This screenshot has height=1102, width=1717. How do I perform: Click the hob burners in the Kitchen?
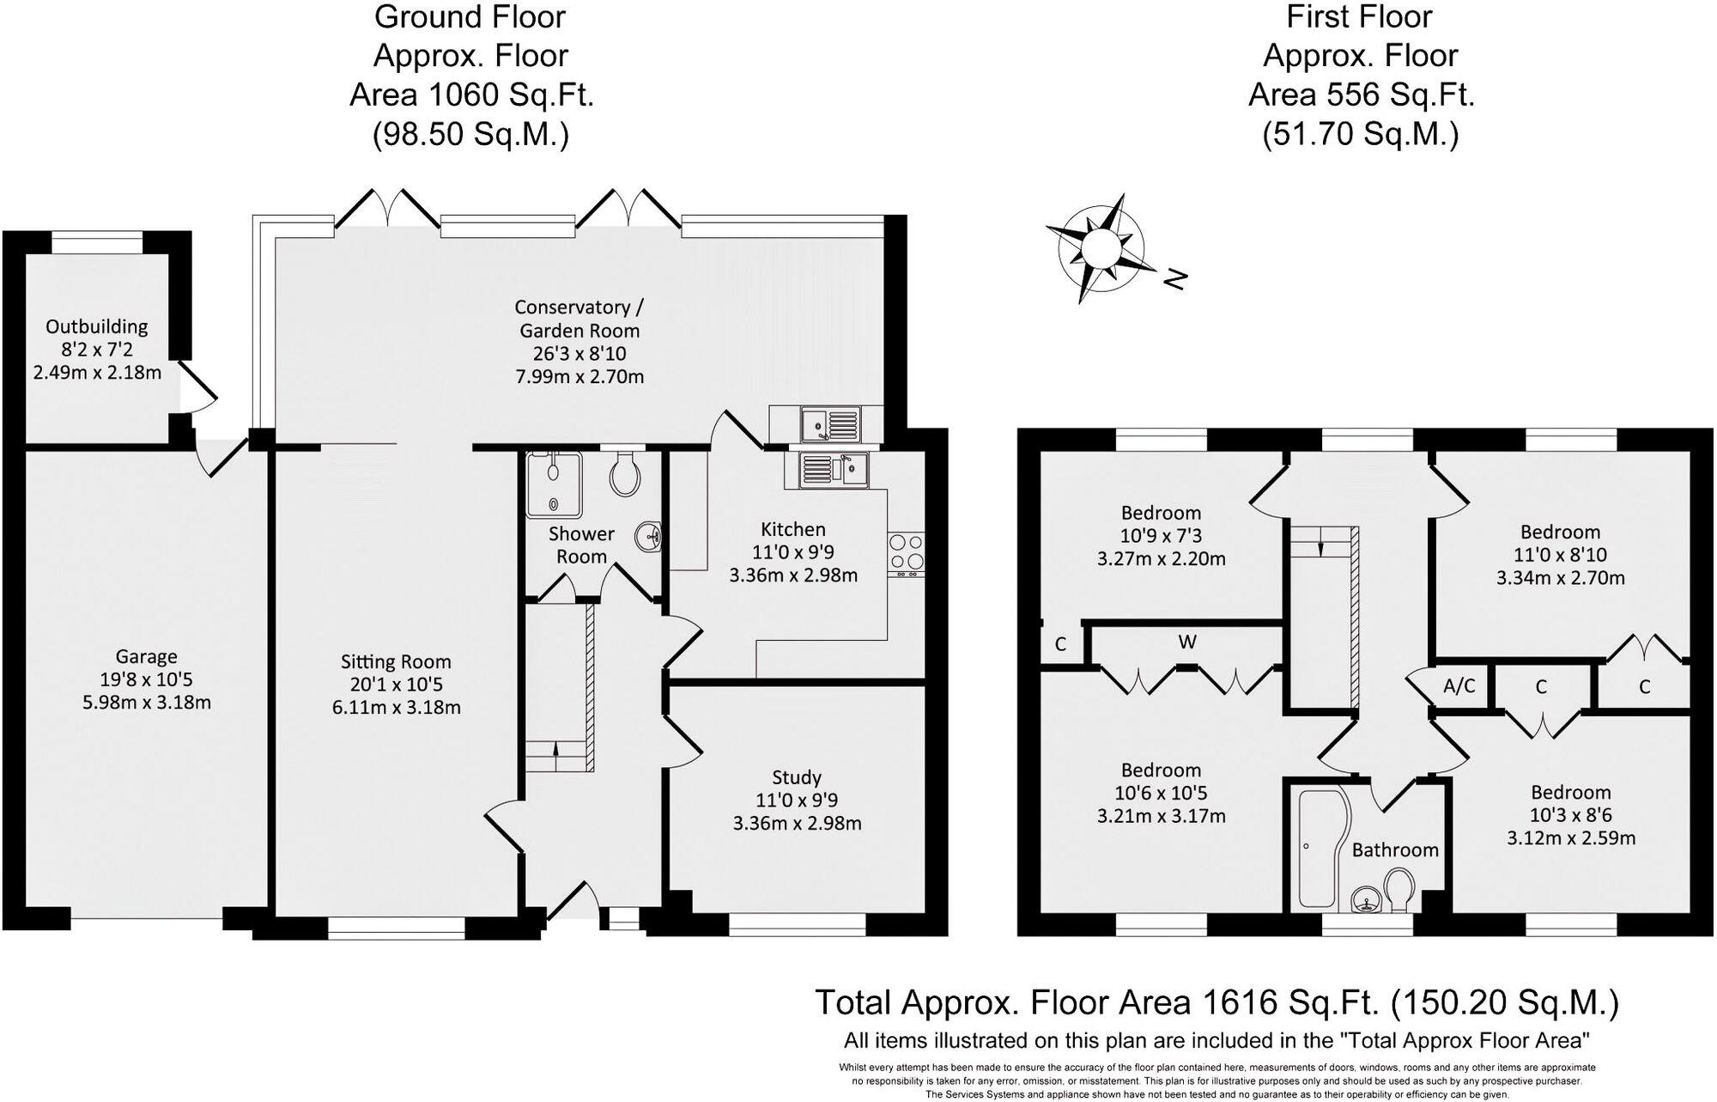[x=906, y=552]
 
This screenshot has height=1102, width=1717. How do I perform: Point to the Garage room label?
[x=146, y=657]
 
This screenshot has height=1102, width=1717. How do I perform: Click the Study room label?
[x=797, y=777]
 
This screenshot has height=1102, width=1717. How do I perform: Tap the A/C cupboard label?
[x=1459, y=685]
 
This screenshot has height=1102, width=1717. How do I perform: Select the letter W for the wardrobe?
[x=1187, y=642]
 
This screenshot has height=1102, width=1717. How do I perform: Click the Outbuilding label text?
[x=96, y=326]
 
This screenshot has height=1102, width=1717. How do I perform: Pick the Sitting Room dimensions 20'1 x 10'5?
[x=396, y=685]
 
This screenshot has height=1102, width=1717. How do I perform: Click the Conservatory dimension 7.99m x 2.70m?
[x=579, y=376]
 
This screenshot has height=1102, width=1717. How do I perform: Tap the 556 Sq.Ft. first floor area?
[x=1361, y=94]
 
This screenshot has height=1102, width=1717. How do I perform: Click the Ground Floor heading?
[x=470, y=16]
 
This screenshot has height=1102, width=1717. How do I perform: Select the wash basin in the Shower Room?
[x=649, y=537]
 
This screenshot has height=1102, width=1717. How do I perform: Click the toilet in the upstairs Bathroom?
[x=1399, y=890]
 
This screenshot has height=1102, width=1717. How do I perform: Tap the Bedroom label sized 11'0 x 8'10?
[x=1560, y=532]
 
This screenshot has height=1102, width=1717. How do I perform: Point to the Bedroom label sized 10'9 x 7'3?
[x=1161, y=513]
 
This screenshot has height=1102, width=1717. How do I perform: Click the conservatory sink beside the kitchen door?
[x=828, y=423]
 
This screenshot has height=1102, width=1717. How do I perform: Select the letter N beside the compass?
[x=1175, y=278]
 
